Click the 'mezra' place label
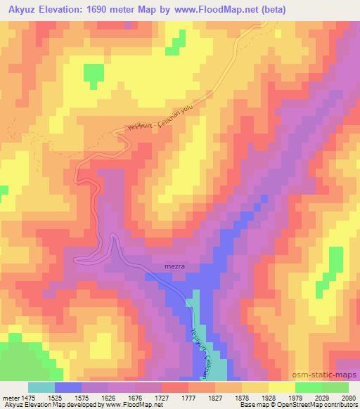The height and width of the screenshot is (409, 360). [x=173, y=267]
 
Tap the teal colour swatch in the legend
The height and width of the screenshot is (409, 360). [x=41, y=387]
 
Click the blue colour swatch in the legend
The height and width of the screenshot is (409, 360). [x=68, y=387]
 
